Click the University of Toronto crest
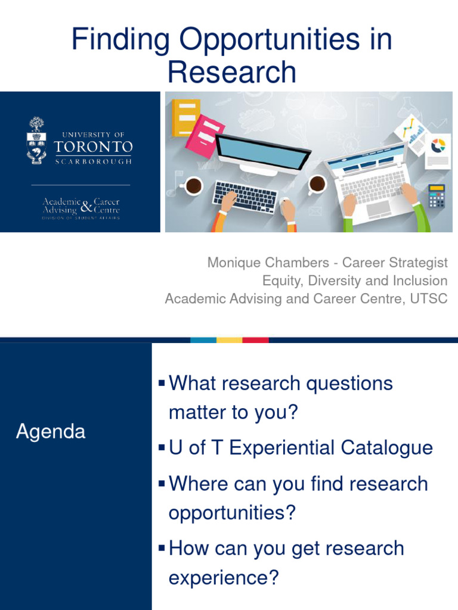click(36, 141)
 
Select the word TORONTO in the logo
click(93, 146)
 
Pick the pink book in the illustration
click(205, 135)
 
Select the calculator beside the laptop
click(437, 196)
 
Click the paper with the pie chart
click(438, 151)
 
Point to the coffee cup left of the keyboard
click(192, 186)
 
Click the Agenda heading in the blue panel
click(51, 432)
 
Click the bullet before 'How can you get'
click(161, 547)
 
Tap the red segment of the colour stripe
click(255, 340)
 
